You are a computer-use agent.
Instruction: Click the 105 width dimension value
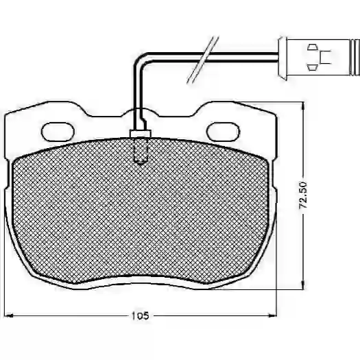coord(140,316)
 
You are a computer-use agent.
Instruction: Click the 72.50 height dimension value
coord(303,195)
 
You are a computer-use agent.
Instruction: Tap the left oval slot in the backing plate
coord(58,132)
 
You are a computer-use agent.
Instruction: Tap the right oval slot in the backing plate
coord(223,132)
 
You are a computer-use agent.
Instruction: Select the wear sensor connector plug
coord(319,57)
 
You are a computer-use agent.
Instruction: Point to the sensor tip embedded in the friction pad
coord(141,151)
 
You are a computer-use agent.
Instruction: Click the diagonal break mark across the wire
coord(202,60)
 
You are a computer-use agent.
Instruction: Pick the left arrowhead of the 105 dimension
coord(8,316)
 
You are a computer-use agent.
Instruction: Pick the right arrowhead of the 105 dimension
coord(273,315)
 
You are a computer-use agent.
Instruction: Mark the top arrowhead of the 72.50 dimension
coord(303,106)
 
